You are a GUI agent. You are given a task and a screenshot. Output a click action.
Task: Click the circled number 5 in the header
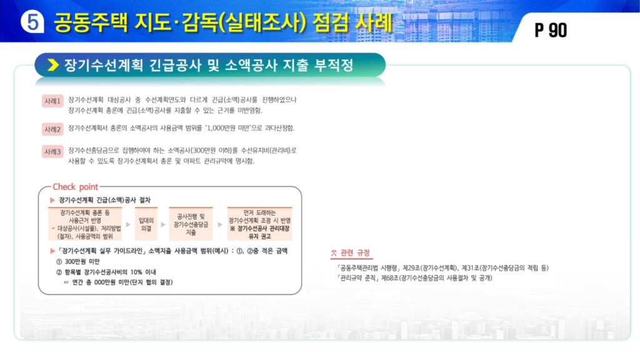pyautogui.click(x=32, y=21)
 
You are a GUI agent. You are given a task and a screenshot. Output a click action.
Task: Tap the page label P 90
pyautogui.click(x=551, y=30)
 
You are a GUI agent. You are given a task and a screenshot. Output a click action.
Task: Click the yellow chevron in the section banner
pyautogui.click(x=53, y=65)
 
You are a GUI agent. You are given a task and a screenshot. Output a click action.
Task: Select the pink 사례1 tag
pyautogui.click(x=52, y=101)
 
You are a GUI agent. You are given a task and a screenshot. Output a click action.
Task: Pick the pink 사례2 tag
pyautogui.click(x=52, y=129)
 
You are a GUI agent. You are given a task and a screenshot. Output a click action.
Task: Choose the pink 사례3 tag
pyautogui.click(x=52, y=152)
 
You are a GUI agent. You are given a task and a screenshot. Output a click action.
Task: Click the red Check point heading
pyautogui.click(x=76, y=187)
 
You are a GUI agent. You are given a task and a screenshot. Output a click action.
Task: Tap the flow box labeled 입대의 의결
pyautogui.click(x=146, y=224)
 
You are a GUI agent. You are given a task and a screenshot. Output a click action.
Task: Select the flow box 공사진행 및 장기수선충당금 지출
pyautogui.click(x=191, y=224)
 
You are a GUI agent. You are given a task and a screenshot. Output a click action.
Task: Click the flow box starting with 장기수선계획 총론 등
pyautogui.click(x=85, y=224)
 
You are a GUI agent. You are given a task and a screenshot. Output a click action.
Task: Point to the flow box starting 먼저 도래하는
pyautogui.click(x=259, y=224)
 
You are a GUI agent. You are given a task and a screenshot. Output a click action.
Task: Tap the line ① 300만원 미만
pyautogui.click(x=77, y=261)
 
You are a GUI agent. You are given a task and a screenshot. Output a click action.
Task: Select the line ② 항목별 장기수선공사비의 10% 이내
pyautogui.click(x=106, y=272)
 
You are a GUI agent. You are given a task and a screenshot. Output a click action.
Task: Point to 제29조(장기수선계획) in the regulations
pyautogui.click(x=430, y=268)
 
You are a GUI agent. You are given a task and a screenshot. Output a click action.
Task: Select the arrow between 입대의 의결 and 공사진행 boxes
pyautogui.click(x=163, y=224)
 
